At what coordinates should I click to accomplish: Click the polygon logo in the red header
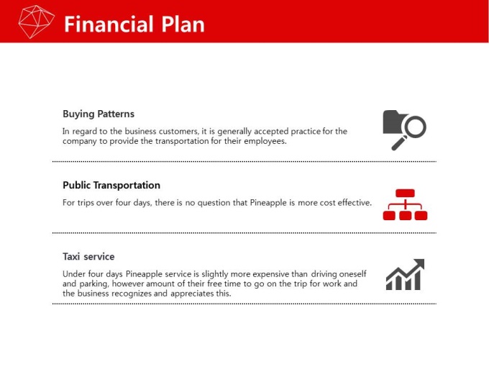[36, 22]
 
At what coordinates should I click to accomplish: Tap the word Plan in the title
[183, 24]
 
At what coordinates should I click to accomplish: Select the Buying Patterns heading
[99, 114]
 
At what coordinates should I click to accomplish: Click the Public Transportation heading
[111, 185]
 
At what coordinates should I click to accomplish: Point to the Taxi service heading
[88, 256]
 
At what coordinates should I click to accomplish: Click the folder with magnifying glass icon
[404, 130]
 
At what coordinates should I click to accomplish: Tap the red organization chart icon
[405, 204]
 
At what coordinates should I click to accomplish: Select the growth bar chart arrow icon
[405, 274]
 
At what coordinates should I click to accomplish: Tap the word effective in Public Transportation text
[355, 202]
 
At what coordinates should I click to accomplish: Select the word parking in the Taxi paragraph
[94, 284]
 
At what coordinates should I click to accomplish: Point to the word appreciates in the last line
[192, 294]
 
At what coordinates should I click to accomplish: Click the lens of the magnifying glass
[416, 127]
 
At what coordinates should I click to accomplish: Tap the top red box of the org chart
[405, 193]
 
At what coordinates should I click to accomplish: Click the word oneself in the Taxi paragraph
[352, 274]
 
